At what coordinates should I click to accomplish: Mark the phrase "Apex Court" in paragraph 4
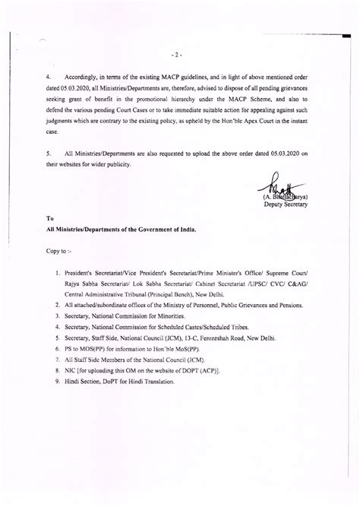pyautogui.click(x=268, y=121)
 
